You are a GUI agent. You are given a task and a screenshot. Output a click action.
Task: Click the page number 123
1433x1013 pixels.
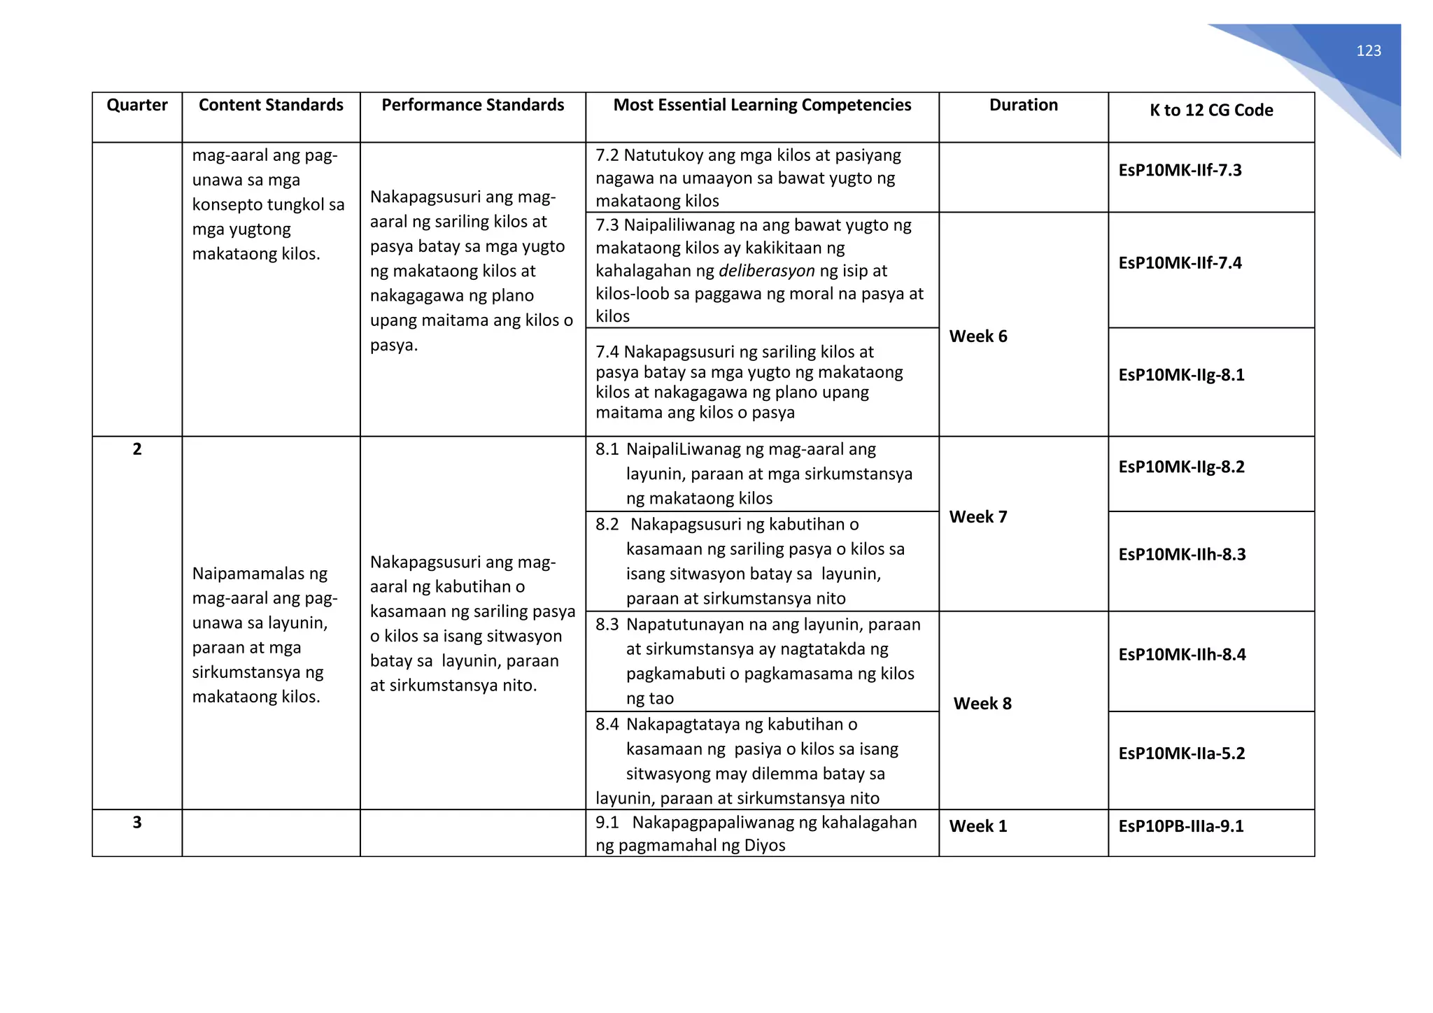tap(1369, 51)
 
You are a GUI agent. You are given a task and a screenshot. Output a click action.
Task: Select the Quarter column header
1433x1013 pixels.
tap(137, 105)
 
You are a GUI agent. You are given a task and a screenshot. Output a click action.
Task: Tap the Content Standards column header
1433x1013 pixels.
tap(271, 105)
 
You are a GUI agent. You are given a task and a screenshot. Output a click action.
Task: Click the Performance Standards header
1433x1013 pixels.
tap(472, 105)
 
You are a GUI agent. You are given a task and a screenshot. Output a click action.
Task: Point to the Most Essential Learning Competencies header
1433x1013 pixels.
tap(762, 105)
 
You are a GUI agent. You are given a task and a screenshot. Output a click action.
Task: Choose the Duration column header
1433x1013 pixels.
tap(1023, 105)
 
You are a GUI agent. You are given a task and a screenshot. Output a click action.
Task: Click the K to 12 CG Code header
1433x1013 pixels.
tap(1211, 110)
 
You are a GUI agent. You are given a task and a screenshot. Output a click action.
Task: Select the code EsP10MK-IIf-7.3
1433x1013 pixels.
tap(1180, 170)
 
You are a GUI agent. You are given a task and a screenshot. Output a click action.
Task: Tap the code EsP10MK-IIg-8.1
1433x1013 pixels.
tap(1181, 375)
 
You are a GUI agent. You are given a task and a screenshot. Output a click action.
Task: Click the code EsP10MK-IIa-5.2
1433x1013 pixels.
tap(1181, 753)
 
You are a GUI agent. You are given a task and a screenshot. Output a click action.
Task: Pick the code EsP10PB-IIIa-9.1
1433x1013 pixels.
tap(1180, 826)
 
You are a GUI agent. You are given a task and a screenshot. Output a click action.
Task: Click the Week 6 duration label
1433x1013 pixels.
tap(977, 337)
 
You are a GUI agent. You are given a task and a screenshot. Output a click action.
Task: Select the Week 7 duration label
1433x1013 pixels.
tap(977, 517)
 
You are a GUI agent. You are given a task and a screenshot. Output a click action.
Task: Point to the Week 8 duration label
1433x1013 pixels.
tap(982, 704)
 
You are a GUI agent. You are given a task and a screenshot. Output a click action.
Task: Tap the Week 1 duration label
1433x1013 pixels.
tap(977, 826)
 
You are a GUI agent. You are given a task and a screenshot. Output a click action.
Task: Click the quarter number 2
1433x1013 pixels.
tap(137, 449)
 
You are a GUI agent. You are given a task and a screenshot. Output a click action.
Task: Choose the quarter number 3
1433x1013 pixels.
tap(137, 823)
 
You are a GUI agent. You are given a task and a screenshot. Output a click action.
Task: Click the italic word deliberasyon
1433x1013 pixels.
tap(766, 271)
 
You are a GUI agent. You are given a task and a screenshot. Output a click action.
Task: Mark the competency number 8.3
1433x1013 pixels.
tap(607, 625)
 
